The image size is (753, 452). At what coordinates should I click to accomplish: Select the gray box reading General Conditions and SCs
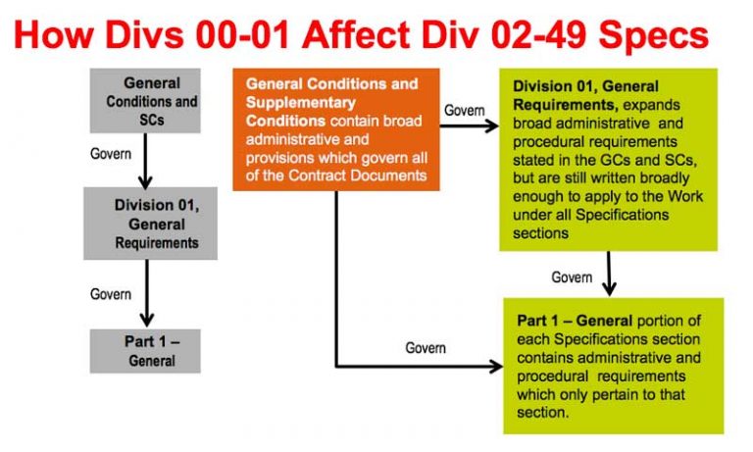145,100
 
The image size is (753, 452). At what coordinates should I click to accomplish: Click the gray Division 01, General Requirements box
150,224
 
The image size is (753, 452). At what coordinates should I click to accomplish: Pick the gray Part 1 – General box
145,351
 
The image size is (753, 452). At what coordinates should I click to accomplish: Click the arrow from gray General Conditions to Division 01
145,161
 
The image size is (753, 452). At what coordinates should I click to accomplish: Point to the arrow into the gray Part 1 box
147,293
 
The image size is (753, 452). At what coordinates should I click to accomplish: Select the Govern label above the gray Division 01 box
111,154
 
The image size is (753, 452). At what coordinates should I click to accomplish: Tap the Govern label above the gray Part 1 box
111,294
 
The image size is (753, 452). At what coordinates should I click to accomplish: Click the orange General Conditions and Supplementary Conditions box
336,129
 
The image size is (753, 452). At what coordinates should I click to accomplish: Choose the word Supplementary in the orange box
301,102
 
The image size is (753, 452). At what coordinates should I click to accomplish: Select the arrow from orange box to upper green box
470,126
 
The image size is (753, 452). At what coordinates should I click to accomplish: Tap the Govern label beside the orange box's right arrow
464,110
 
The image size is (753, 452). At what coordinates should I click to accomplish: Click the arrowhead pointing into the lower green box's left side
496,367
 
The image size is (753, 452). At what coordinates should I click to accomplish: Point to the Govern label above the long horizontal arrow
426,348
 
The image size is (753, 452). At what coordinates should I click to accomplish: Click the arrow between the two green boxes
609,274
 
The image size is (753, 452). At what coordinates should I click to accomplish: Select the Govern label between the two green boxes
572,277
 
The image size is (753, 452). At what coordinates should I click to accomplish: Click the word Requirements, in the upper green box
566,105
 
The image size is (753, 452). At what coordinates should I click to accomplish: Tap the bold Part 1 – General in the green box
575,321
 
